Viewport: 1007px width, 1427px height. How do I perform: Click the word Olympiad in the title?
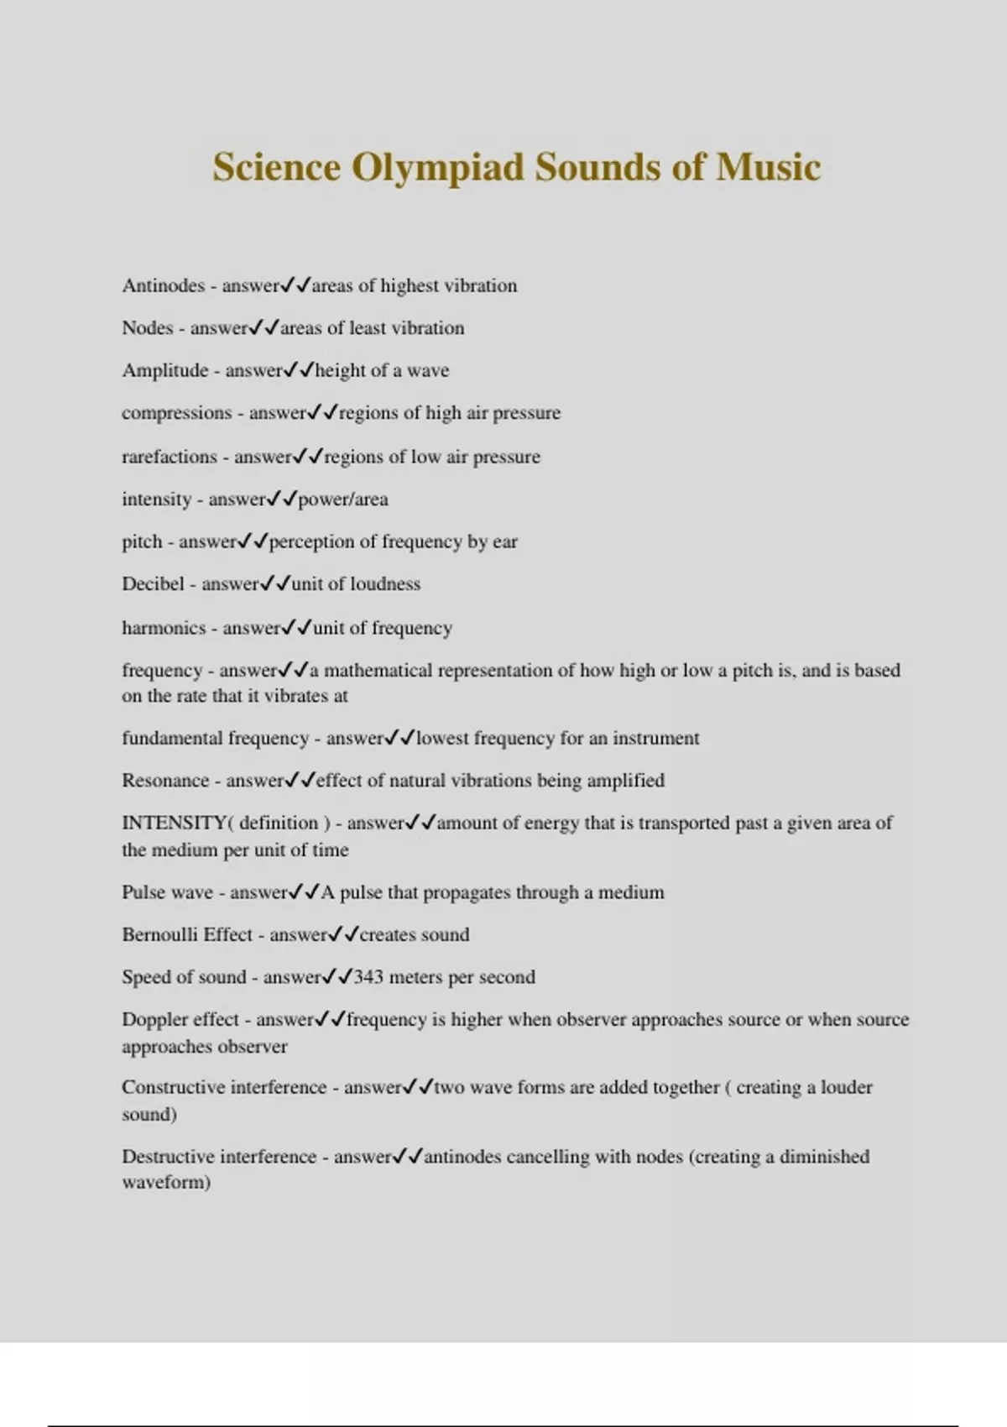click(439, 168)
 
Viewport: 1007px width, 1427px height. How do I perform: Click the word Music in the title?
click(768, 166)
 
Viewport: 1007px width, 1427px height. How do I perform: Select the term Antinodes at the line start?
click(163, 285)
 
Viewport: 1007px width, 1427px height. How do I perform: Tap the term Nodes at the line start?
click(147, 328)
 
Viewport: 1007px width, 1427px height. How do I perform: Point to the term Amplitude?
click(164, 370)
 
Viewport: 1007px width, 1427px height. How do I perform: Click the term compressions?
click(176, 413)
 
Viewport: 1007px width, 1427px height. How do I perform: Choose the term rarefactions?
click(170, 457)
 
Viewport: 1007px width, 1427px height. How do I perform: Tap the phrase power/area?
click(343, 499)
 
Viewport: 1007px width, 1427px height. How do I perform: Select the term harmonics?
click(164, 628)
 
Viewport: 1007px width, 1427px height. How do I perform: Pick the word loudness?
click(385, 584)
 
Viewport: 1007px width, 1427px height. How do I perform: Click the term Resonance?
click(164, 781)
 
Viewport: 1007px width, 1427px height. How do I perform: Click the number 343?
click(368, 977)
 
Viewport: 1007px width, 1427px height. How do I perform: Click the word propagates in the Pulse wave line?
click(466, 892)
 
